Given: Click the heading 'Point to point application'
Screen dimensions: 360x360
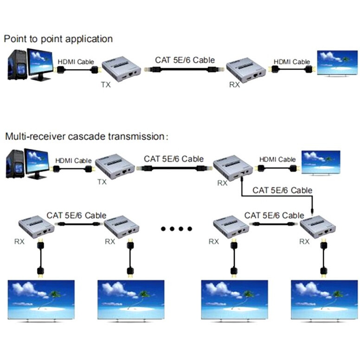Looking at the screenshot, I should click(58, 39).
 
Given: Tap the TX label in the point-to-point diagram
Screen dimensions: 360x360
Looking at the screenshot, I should click(106, 85).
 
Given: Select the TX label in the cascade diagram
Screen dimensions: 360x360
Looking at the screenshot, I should click(102, 182).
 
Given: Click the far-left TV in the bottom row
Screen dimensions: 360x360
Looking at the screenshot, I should click(41, 300).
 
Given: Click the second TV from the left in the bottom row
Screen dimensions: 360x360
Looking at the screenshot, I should click(131, 300).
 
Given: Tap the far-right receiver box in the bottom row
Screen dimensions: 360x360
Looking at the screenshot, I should click(318, 227).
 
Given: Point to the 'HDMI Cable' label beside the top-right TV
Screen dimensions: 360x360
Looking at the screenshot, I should click(291, 62).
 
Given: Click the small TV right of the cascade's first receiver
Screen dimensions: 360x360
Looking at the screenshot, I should click(321, 162).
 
